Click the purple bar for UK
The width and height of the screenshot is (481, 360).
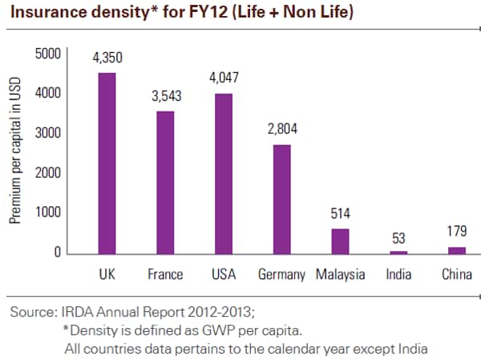pos(107,164)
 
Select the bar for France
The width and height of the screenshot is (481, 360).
pos(165,183)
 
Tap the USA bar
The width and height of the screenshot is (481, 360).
pos(224,174)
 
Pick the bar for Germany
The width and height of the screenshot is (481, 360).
pos(282,200)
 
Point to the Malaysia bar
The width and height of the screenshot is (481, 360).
pos(340,241)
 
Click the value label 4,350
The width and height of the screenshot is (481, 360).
pos(107,59)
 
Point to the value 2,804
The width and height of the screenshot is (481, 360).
pos(282,131)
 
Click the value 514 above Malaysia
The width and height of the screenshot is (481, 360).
pos(340,214)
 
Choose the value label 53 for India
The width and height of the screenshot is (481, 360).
pos(398,237)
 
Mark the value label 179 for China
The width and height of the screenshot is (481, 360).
pos(457,233)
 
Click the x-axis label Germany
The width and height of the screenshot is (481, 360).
pos(282,275)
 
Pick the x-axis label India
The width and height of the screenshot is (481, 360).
pos(398,275)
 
